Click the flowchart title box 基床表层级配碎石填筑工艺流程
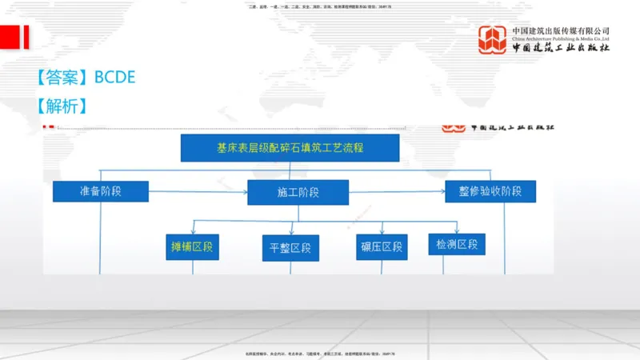point(290,148)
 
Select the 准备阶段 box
point(102,192)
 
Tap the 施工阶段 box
point(298,193)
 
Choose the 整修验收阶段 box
point(490,191)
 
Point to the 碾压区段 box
point(382,247)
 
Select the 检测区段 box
point(457,243)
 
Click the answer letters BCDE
point(115,77)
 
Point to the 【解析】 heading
point(62,106)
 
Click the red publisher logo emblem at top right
point(493,40)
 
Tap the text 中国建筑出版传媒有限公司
point(561,30)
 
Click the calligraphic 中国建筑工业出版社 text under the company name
point(561,48)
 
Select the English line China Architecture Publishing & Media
point(561,38)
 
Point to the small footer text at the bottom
point(320,354)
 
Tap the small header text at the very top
point(320,7)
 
